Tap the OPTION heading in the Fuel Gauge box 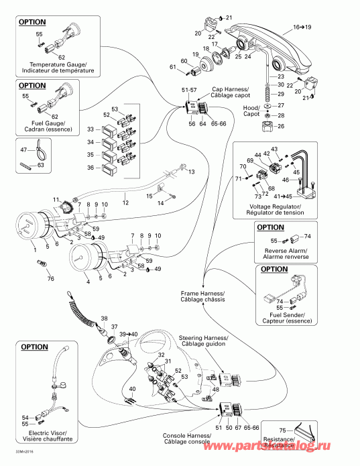point(32,85)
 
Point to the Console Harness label point(186,439)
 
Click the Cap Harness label point(231,92)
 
